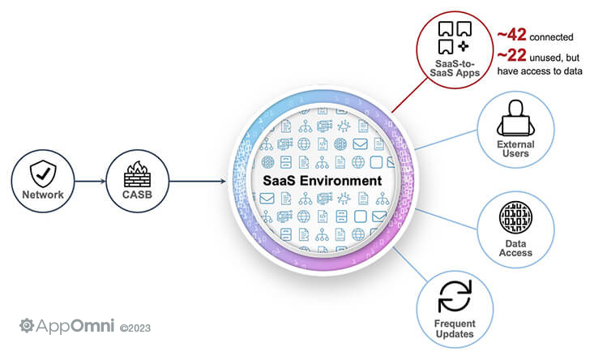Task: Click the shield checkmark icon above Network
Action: tap(43, 174)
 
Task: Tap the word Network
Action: tap(43, 195)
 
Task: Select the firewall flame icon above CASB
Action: tap(137, 174)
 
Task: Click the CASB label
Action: tap(137, 195)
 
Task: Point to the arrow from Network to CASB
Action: tap(90, 181)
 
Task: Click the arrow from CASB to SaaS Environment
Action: tap(198, 181)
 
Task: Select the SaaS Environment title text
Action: tap(322, 181)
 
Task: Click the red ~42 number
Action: tap(511, 35)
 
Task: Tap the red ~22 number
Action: tap(511, 55)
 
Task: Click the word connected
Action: tap(551, 37)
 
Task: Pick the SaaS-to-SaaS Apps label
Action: tap(455, 68)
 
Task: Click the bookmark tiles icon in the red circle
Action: tap(455, 37)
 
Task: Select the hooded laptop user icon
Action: tap(515, 118)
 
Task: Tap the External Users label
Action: tap(515, 148)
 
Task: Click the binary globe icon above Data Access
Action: tap(515, 217)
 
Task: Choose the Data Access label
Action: tap(515, 248)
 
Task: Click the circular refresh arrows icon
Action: tap(455, 296)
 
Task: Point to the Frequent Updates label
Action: tap(455, 328)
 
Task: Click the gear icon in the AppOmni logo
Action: tap(27, 326)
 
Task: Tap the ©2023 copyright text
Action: tap(135, 328)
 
